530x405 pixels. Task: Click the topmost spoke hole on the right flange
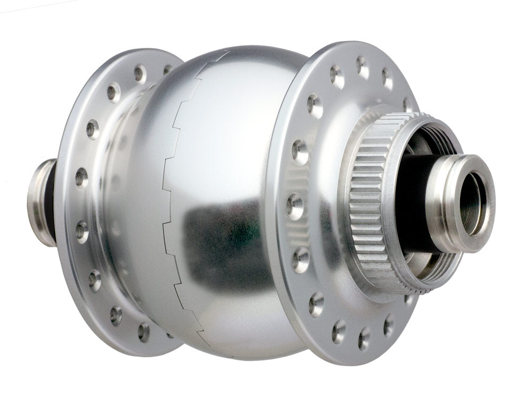363,66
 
